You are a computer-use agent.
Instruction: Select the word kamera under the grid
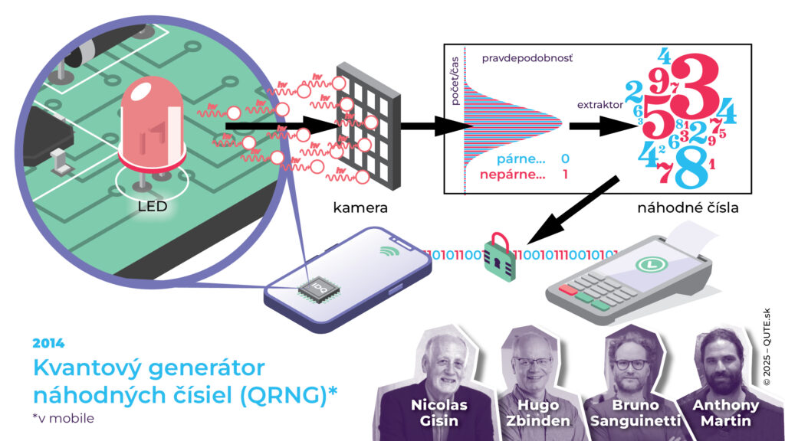point(360,207)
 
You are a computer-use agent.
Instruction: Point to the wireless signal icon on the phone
point(389,251)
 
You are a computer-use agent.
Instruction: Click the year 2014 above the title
point(49,342)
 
